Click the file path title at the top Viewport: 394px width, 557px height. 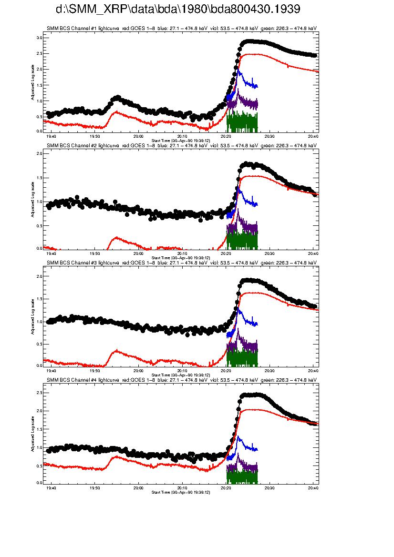(178, 10)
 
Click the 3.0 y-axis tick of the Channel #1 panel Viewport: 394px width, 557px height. (39, 38)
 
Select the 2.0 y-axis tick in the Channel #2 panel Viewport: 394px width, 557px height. (39, 153)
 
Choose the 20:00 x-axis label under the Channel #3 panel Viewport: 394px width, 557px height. (138, 370)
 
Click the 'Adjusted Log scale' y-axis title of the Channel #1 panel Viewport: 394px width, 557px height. (32, 84)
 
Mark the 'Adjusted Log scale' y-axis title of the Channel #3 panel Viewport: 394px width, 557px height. (32, 316)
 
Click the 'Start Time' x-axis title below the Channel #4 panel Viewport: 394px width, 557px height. (180, 492)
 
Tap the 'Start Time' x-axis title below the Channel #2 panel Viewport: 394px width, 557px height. (180, 257)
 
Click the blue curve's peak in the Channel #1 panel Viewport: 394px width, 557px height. (238, 71)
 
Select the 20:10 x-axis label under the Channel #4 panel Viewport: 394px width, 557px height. (182, 487)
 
